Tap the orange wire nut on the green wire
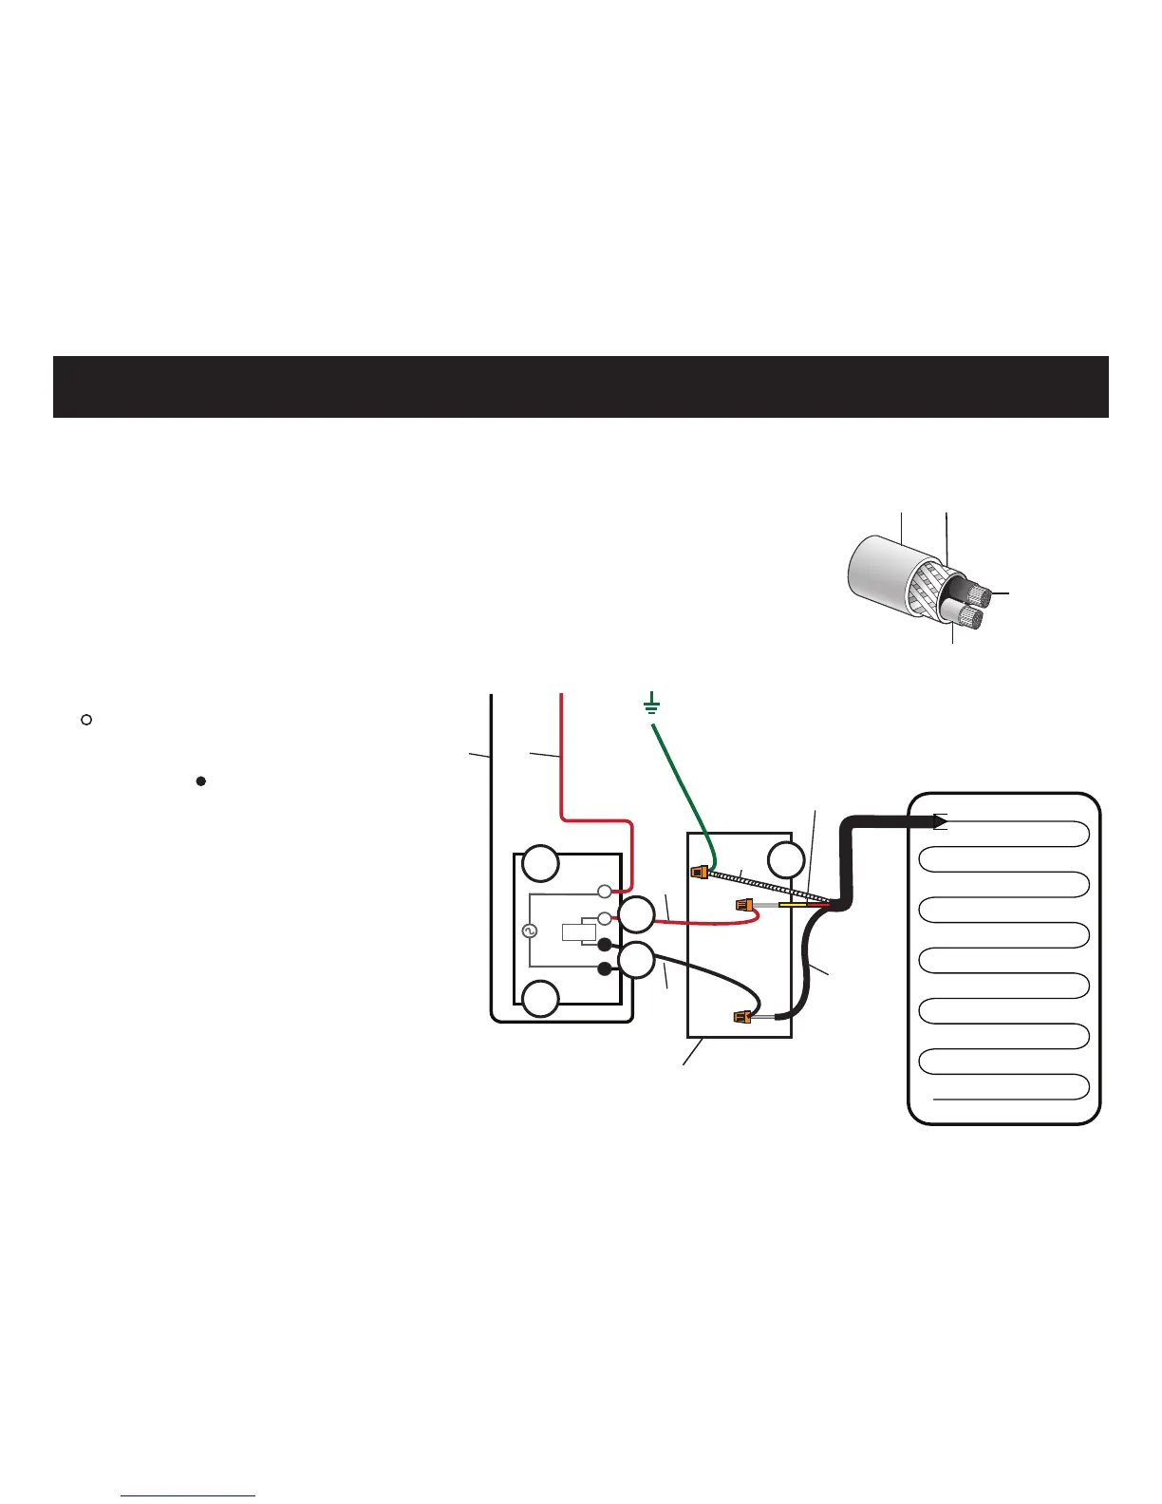[x=700, y=872]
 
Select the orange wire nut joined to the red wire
[x=744, y=906]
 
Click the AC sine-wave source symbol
[x=529, y=932]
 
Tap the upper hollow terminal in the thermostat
[x=604, y=892]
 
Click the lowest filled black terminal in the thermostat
[x=605, y=968]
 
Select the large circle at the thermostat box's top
[x=541, y=863]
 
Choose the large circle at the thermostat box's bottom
[x=541, y=999]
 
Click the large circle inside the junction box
[x=786, y=861]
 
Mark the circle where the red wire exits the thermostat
[x=636, y=915]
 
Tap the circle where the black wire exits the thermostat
[x=636, y=961]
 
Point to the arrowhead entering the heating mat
[x=940, y=821]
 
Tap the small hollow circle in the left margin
[x=85, y=720]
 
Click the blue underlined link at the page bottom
[x=189, y=1495]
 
